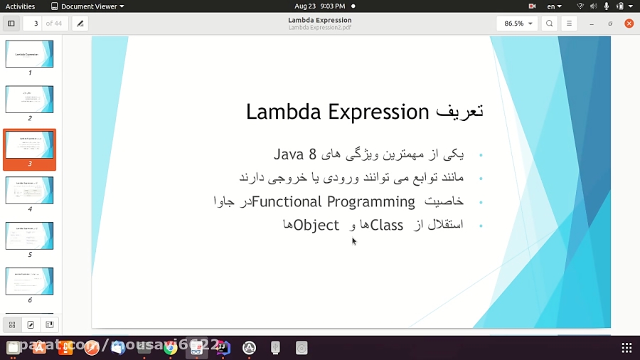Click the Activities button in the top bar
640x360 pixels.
(x=20, y=6)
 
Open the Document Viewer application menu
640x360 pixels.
(x=87, y=6)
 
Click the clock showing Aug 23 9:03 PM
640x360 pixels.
(x=319, y=6)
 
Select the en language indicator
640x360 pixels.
(x=553, y=6)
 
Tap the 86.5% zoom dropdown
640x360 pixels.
(x=517, y=23)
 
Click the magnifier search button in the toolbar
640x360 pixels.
(x=550, y=23)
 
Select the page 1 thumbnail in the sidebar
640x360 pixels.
(x=30, y=54)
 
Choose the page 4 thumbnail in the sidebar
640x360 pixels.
(x=30, y=191)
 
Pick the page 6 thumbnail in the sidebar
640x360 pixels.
(x=30, y=281)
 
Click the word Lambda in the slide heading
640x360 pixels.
(x=279, y=112)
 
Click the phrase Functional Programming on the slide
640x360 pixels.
(x=334, y=202)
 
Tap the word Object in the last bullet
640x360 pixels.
(x=316, y=226)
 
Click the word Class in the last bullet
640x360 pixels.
(x=387, y=226)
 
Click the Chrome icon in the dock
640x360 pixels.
(x=170, y=348)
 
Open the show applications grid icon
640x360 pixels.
(x=626, y=348)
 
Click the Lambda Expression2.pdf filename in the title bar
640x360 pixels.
(x=319, y=28)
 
